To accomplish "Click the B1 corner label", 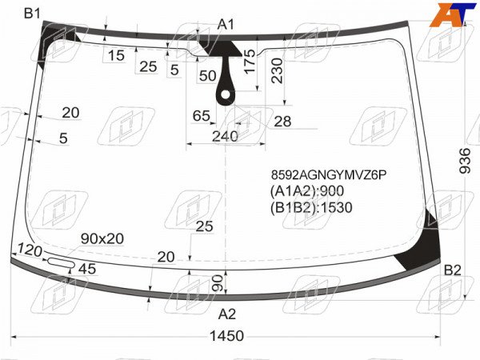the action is [32, 14].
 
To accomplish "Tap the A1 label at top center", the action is [226, 25].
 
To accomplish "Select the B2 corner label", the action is [453, 270].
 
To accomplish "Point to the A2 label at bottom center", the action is [227, 314].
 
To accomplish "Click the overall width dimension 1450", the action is [227, 336].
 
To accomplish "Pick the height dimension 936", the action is [465, 161].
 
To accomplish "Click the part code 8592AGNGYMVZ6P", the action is [329, 175].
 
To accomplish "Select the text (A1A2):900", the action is [306, 191].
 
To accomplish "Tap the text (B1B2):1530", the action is [311, 207].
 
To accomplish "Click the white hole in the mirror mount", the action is [226, 95].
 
